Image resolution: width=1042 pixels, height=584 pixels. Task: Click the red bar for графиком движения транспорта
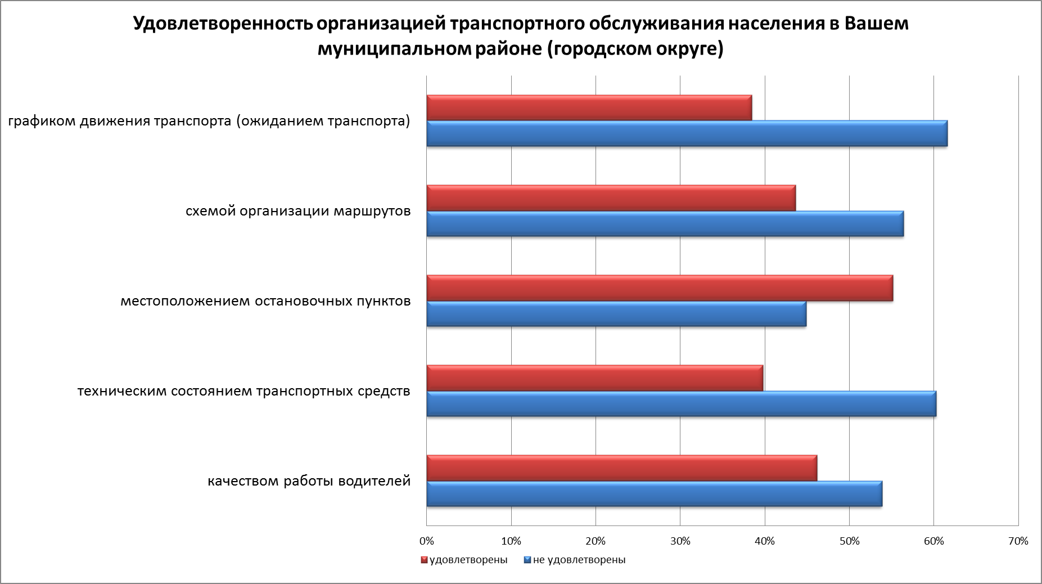(589, 107)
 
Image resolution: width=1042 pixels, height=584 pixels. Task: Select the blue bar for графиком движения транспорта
(687, 133)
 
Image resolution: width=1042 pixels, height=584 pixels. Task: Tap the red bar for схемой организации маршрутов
(611, 197)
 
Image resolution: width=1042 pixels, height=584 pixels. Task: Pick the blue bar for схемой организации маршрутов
(665, 223)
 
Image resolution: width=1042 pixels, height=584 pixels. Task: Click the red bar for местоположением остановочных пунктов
(660, 287)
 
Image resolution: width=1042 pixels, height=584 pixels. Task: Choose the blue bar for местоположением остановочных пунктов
(616, 313)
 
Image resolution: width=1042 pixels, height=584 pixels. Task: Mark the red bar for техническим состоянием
(594, 378)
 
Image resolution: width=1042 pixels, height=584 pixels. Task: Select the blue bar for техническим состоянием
(681, 403)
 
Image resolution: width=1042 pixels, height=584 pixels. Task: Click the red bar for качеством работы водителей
(621, 468)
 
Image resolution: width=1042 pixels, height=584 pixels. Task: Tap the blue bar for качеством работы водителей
(654, 493)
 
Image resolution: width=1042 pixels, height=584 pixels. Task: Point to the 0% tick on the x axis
(427, 541)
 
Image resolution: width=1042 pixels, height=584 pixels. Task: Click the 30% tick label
(680, 541)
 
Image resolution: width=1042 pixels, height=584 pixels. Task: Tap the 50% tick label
(849, 541)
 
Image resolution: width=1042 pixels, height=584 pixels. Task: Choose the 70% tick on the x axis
(1018, 541)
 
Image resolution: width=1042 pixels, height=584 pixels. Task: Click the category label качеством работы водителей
(309, 481)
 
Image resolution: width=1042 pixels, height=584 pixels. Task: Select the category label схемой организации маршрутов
(298, 211)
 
